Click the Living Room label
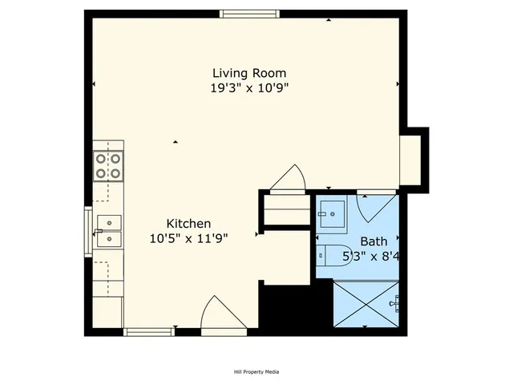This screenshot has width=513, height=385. pyautogui.click(x=248, y=73)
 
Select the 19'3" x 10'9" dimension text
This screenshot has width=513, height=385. pyautogui.click(x=248, y=87)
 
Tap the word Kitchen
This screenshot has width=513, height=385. pyautogui.click(x=188, y=223)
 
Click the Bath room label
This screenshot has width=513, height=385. pyautogui.click(x=373, y=241)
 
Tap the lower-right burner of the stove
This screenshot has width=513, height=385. pyautogui.click(x=115, y=172)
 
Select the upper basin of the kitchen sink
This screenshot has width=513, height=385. pyautogui.click(x=108, y=222)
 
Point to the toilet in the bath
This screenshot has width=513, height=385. pyautogui.click(x=331, y=254)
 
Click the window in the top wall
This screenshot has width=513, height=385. pyautogui.click(x=250, y=14)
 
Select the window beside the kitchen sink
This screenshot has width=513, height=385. pyautogui.click(x=88, y=230)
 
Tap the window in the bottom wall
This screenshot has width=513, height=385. pyautogui.click(x=149, y=331)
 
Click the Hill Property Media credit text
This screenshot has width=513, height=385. pyautogui.click(x=251, y=371)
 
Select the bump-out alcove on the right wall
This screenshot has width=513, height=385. pyautogui.click(x=413, y=158)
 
